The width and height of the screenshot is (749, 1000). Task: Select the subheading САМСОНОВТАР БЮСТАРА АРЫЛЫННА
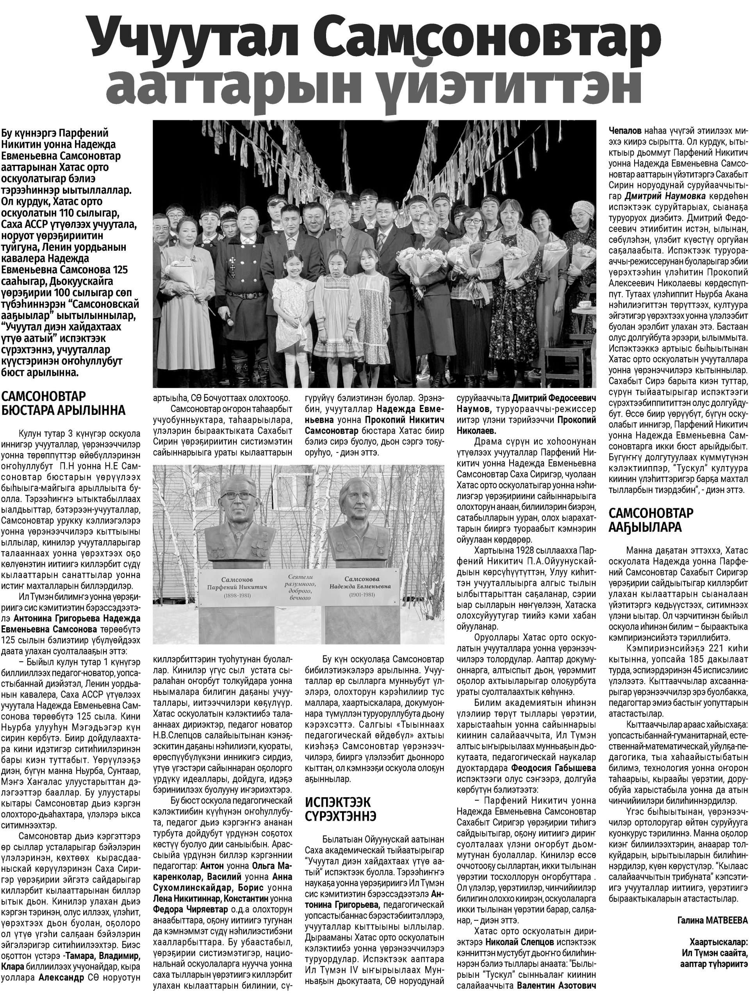point(63,403)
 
